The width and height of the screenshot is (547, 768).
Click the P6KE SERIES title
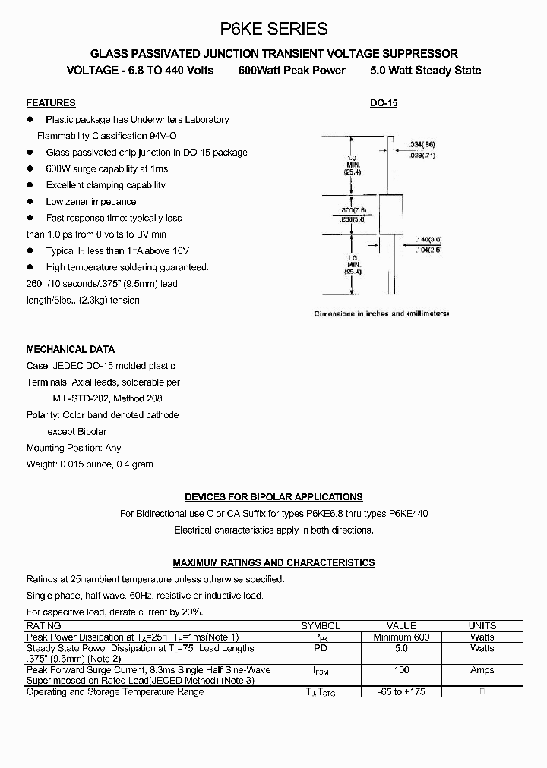[x=273, y=29]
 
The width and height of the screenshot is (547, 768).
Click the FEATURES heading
[x=51, y=103]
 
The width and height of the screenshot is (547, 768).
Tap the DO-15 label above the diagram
[x=384, y=103]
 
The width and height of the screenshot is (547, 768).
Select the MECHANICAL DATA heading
[x=71, y=350]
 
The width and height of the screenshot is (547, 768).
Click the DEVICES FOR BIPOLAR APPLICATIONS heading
[x=273, y=497]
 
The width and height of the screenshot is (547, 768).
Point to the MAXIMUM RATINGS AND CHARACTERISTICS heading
[x=273, y=563]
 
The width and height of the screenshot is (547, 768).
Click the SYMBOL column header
[x=321, y=626]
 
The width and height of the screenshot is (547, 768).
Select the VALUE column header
[x=402, y=626]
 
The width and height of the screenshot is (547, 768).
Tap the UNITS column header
[x=482, y=626]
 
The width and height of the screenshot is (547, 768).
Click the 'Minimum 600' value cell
[x=402, y=637]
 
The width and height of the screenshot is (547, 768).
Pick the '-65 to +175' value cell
[x=402, y=692]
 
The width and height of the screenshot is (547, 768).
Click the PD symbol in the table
[x=321, y=649]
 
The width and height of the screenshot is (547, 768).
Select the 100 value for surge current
[x=402, y=670]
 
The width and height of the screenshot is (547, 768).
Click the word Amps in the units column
[x=482, y=670]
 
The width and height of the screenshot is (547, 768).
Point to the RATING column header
[x=43, y=626]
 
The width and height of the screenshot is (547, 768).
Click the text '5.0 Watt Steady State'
[x=425, y=71]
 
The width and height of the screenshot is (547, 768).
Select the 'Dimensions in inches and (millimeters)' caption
[x=382, y=313]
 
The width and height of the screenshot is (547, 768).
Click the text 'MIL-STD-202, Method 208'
[x=107, y=398]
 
